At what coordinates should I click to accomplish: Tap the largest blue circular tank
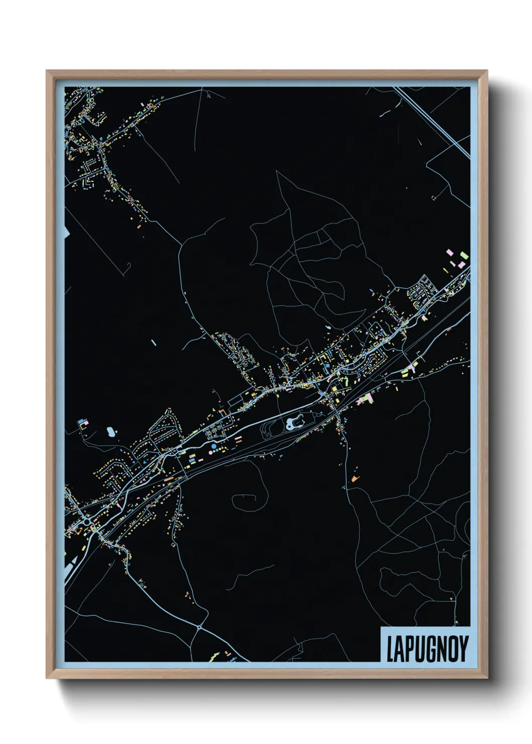click(214, 446)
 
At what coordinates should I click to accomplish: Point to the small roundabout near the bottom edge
click(200, 627)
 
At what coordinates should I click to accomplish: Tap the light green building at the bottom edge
click(214, 656)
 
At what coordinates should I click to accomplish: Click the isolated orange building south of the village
click(355, 478)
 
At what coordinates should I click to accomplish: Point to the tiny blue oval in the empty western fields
click(153, 343)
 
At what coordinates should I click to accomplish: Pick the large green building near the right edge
click(464, 256)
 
